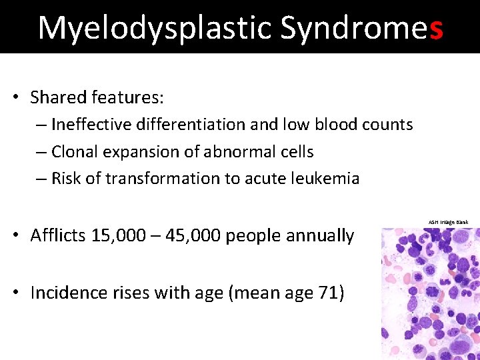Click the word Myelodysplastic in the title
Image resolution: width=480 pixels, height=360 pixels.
pos(155,28)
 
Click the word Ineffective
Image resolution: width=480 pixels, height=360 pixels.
pos(92,125)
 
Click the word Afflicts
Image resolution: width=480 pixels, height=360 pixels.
pos(57,236)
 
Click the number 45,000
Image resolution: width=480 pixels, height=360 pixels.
pos(193,236)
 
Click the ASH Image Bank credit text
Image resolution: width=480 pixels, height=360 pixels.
pos(448,222)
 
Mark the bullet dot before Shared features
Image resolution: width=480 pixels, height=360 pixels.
pos(15,98)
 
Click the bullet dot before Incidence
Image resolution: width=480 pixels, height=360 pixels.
pos(15,293)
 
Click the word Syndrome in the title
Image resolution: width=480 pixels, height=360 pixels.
pos(353,28)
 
